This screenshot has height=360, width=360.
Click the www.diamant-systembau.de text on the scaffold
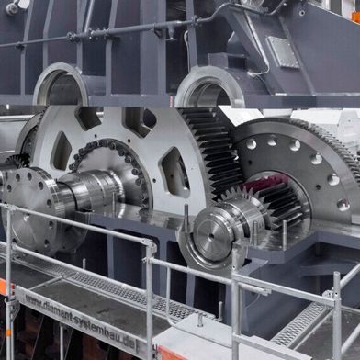click(x=80, y=321)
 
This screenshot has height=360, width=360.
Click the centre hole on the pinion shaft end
click(x=211, y=236)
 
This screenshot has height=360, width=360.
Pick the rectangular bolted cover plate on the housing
click(x=283, y=52)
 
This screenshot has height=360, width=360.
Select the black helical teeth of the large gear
click(x=211, y=150)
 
